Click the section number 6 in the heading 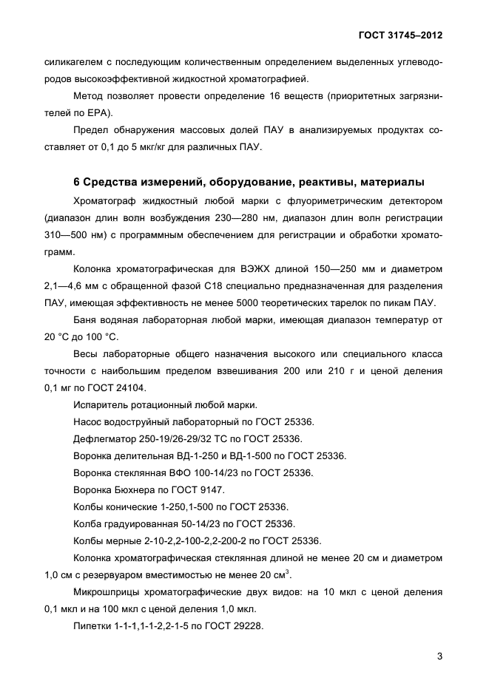click(78, 183)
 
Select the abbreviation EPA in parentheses click(96, 112)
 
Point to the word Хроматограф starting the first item click(108, 200)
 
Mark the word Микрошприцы click(110, 591)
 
